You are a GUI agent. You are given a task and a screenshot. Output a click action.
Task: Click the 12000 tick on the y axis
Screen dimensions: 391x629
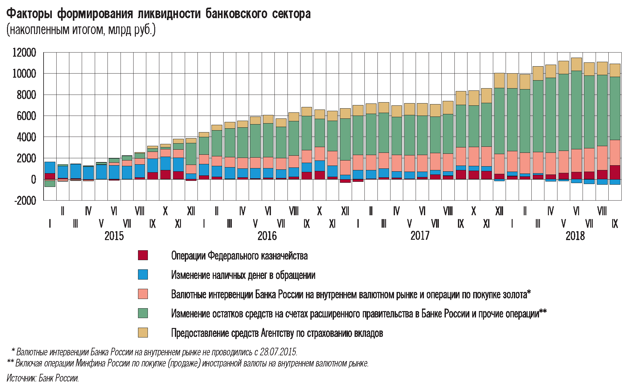pyautogui.click(x=24, y=53)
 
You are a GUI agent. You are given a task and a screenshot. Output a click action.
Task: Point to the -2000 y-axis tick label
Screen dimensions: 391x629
pyautogui.click(x=25, y=201)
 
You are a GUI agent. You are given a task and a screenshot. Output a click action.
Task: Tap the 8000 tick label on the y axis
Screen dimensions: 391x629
pyautogui.click(x=26, y=95)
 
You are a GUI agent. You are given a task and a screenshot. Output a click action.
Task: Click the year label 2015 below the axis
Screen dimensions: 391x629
pyautogui.click(x=114, y=236)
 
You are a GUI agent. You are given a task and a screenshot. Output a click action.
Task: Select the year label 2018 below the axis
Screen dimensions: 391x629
pyautogui.click(x=575, y=236)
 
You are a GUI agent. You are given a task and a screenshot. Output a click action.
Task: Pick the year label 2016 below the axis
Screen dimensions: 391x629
pyautogui.click(x=267, y=236)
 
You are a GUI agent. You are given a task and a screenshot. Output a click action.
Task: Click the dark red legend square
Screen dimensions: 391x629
pyautogui.click(x=143, y=255)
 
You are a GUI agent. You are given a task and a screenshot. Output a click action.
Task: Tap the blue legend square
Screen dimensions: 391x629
pyautogui.click(x=143, y=275)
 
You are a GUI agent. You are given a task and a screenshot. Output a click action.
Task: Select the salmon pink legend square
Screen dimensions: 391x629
pyautogui.click(x=143, y=294)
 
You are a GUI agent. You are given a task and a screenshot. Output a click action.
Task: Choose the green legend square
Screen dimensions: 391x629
pyautogui.click(x=143, y=313)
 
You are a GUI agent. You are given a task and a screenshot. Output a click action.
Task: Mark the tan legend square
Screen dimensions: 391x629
pyautogui.click(x=143, y=333)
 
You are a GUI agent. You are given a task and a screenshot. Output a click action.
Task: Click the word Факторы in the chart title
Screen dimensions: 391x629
pyautogui.click(x=29, y=14)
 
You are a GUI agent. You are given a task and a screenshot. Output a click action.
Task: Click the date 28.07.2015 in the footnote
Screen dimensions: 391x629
pyautogui.click(x=278, y=352)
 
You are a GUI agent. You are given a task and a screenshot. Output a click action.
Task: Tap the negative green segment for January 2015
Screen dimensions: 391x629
pyautogui.click(x=50, y=183)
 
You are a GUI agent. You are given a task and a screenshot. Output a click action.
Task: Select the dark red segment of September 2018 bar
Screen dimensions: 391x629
pyautogui.click(x=615, y=172)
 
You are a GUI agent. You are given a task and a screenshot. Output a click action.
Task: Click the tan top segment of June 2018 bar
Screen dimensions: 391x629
pyautogui.click(x=576, y=64)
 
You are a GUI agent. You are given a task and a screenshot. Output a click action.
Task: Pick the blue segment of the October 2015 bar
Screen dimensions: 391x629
pyautogui.click(x=165, y=163)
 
